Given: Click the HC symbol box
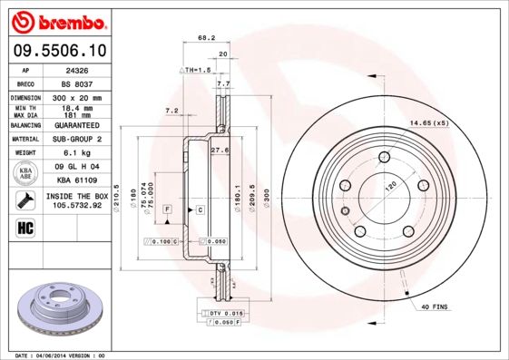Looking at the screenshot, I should tap(24, 227).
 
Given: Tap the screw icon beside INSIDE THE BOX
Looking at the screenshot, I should tap(24, 199).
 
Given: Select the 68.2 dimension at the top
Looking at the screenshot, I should tap(206, 38).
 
